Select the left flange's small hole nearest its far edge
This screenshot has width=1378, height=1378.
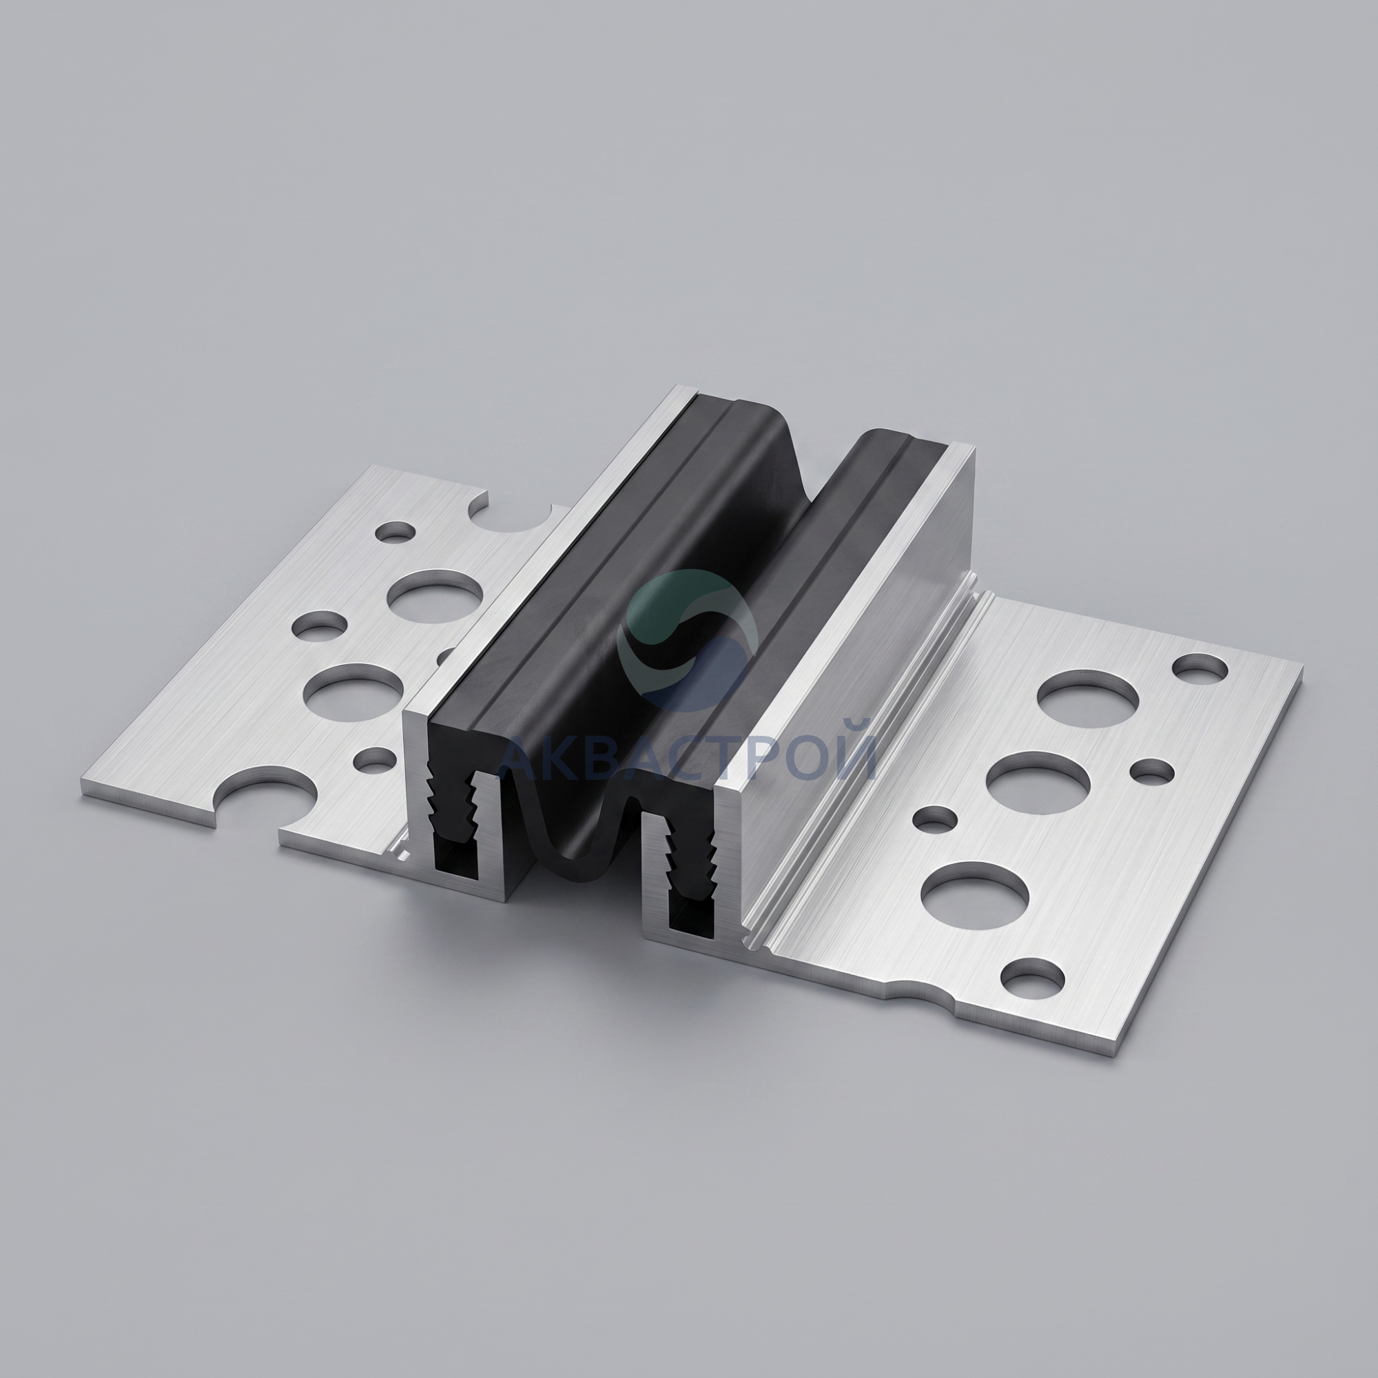(396, 531)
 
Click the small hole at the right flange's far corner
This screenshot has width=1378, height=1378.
(1200, 669)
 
